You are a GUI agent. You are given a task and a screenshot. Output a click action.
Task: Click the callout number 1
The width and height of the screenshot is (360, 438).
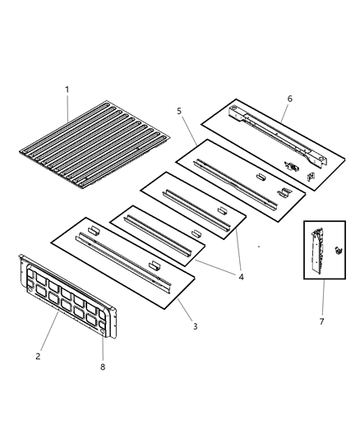coord(67,90)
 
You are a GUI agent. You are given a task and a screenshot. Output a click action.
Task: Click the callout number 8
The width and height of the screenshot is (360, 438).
coord(104,367)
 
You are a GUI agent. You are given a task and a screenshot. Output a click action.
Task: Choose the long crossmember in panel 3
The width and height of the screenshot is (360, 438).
coord(123,259)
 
